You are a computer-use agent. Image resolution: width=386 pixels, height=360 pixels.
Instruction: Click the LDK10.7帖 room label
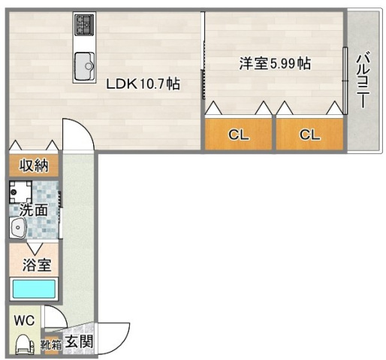pos(142,84)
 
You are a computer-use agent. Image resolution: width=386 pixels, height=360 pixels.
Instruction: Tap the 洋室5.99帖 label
pos(274,64)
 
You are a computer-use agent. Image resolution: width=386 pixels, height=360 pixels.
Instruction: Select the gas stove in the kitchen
pos(83,26)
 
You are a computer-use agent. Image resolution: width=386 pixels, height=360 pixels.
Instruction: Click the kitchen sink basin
pos(84,66)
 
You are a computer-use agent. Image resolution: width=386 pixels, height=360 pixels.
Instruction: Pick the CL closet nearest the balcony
pos(309,135)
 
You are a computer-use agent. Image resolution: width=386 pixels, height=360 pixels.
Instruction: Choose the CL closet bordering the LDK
pos(238,135)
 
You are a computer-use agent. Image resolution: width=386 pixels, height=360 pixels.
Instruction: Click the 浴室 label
pos(34,265)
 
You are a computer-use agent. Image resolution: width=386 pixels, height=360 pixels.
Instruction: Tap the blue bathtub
pos(34,289)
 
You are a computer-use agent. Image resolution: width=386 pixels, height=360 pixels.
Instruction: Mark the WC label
pos(25,319)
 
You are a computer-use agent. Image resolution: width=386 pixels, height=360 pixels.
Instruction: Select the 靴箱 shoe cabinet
pos(51,346)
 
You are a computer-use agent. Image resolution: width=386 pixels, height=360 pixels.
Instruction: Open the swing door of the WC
pos(53,318)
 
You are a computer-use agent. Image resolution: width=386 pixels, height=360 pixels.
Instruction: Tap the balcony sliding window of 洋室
pos(345,71)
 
